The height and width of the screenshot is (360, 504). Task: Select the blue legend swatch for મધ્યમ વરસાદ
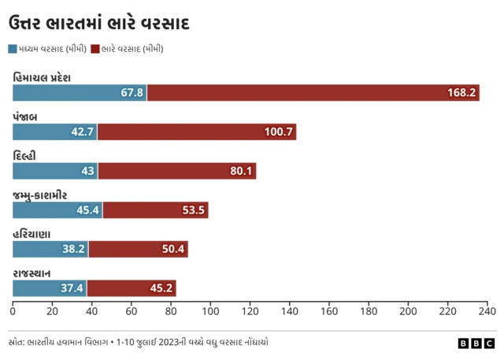(13, 49)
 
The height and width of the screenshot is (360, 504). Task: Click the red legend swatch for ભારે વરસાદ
(95, 49)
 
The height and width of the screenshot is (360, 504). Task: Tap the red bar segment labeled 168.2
(313, 92)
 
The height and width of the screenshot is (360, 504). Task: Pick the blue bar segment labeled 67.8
(80, 92)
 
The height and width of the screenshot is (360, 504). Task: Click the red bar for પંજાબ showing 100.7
(196, 132)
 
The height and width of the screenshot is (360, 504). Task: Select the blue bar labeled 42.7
(54, 132)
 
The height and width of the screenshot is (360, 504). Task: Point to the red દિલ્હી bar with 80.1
(176, 171)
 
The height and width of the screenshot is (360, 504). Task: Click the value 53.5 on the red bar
(193, 210)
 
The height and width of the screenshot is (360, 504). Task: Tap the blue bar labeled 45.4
(57, 210)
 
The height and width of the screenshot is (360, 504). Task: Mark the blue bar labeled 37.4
(49, 288)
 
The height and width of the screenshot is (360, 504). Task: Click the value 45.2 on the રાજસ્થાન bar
(162, 288)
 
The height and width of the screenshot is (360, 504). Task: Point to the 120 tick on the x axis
(250, 311)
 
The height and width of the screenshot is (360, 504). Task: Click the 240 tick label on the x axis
(487, 311)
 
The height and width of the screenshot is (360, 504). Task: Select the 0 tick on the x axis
(13, 311)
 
